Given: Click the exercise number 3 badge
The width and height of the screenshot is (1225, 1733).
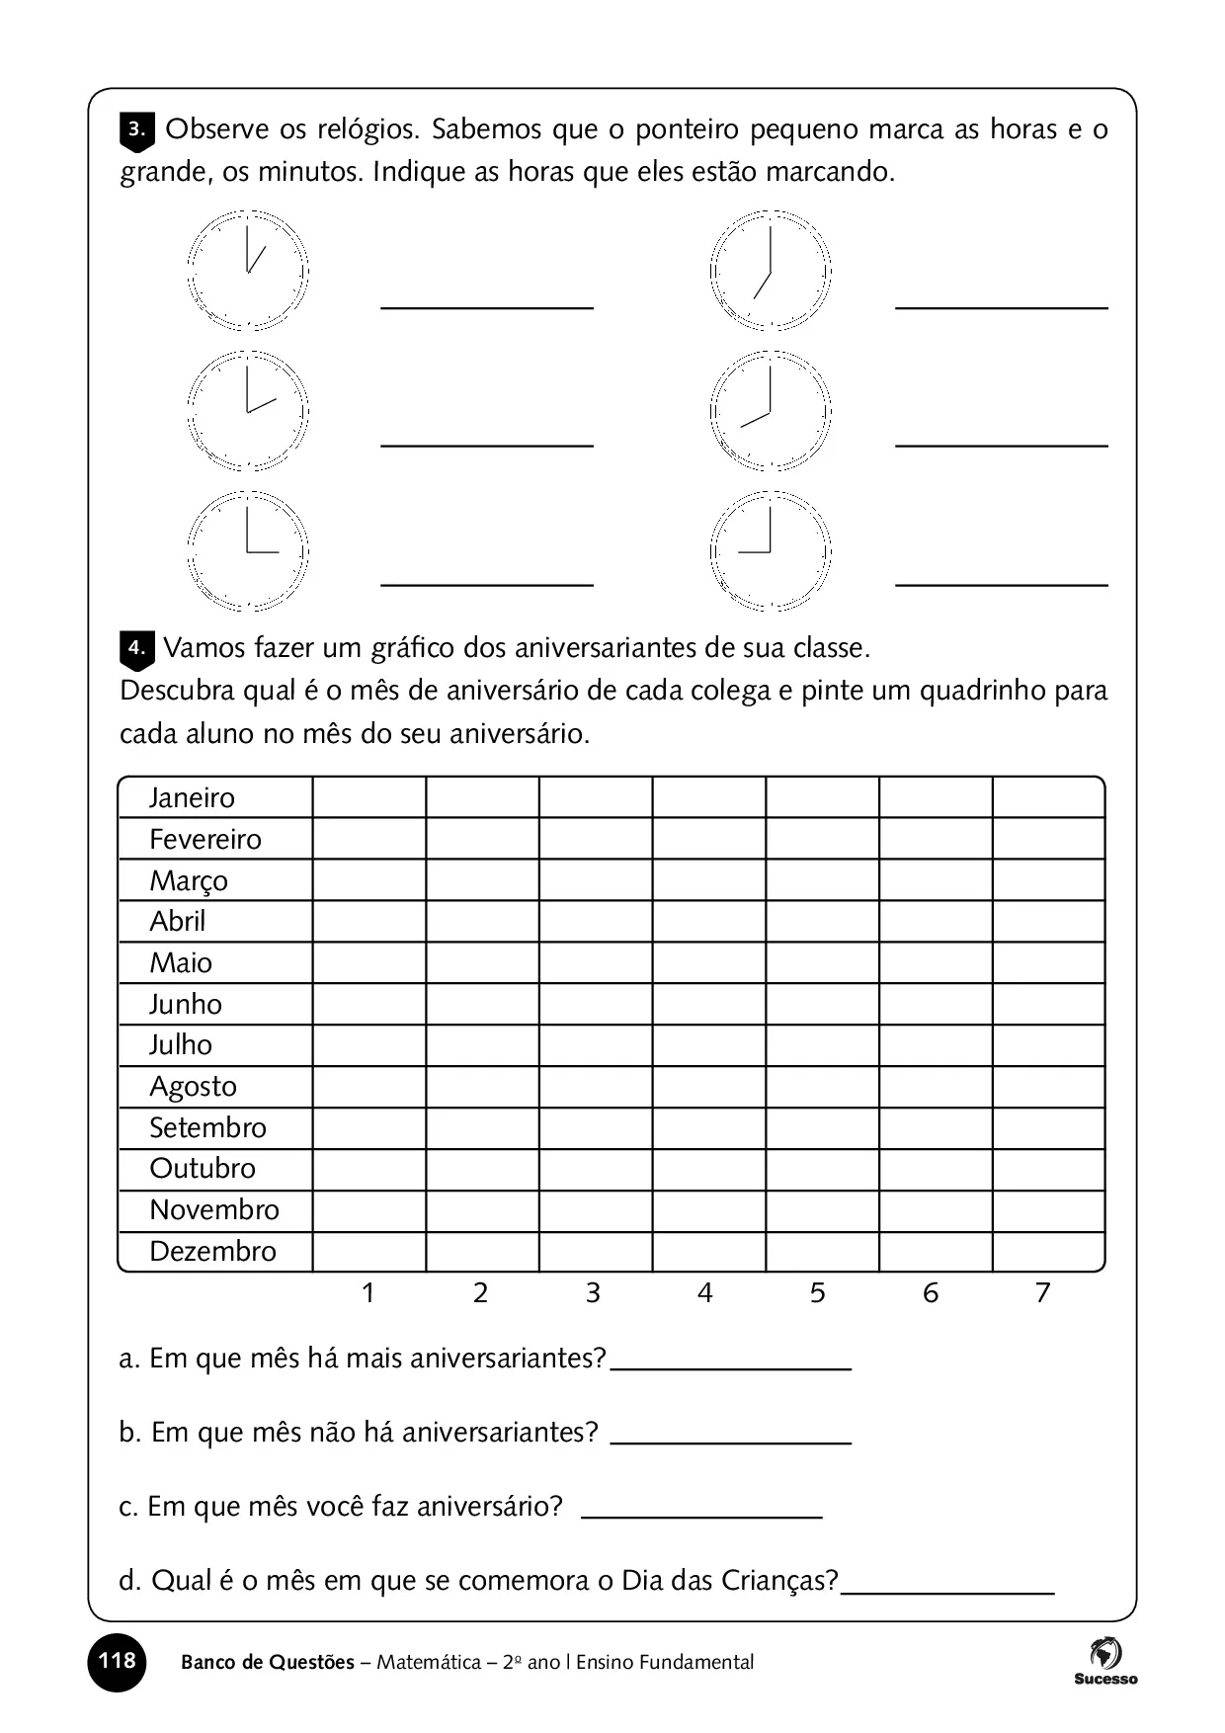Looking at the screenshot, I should pos(136,130).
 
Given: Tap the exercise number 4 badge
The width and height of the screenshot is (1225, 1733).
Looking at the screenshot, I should pos(136,650).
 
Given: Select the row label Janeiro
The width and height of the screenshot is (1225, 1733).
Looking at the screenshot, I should pos(192,798).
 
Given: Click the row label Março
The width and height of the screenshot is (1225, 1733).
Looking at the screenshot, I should pos(188,880).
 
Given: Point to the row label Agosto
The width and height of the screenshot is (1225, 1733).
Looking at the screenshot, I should pos(193,1087).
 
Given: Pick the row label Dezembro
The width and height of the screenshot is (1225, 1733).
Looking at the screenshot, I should pos(212,1252).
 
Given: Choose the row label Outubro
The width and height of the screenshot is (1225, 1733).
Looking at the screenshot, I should pos(202,1169).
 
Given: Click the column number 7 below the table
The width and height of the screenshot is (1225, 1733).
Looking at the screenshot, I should pos(1042,1293).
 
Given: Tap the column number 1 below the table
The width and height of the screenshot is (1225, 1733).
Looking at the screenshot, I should pos(367,1293).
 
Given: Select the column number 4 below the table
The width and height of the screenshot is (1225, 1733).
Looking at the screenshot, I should pos(704,1293).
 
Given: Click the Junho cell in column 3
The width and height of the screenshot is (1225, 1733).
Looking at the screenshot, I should pos(596,1004).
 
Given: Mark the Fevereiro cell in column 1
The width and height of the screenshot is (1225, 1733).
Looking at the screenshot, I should pos(369,839).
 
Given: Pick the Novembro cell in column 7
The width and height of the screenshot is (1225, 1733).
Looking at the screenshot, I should pos(1048,1210).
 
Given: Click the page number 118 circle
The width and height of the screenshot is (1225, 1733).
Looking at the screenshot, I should pos(117,1661).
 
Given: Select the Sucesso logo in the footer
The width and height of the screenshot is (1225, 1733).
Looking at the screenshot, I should pos(1105,1661).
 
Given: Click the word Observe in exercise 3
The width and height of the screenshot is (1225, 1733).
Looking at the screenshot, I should pos(216,129).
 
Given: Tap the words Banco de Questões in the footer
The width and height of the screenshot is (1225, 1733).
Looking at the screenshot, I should pos(267,1663).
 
